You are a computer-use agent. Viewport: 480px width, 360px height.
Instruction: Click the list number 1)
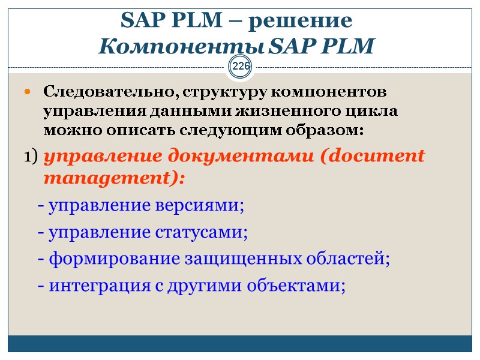(x=31, y=157)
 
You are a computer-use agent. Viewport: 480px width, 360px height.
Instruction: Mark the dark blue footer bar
(x=240, y=343)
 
